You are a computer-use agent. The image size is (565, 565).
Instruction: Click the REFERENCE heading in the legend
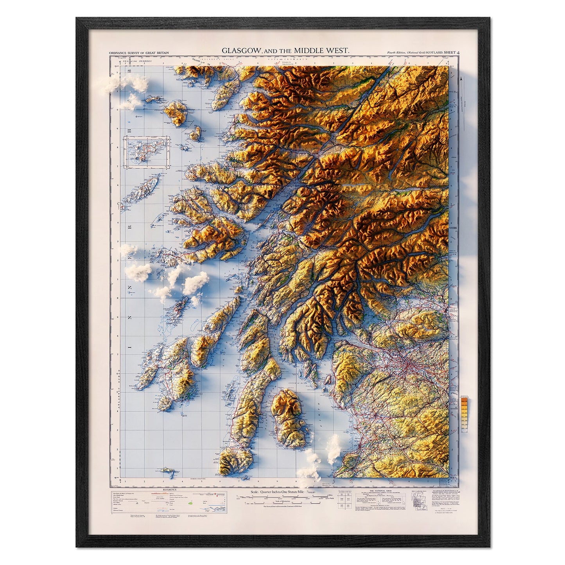tap(169, 490)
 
